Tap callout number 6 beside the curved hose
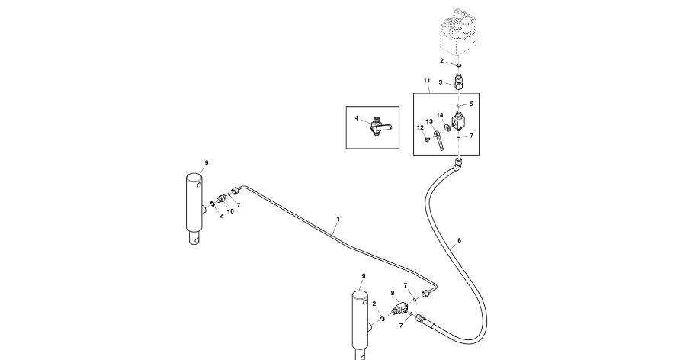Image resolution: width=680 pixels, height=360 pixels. pos(459,241)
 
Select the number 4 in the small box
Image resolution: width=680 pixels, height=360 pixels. pos(356,118)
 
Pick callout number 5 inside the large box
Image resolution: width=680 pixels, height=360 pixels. pos(470,104)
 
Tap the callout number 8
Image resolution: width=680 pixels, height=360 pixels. pos(393,293)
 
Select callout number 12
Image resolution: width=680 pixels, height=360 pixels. pos(419,127)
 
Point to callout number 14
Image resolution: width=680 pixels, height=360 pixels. pos(440,116)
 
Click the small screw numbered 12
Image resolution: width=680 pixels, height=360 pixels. pos(428,140)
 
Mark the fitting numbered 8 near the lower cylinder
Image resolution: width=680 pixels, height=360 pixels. pos(399,310)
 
